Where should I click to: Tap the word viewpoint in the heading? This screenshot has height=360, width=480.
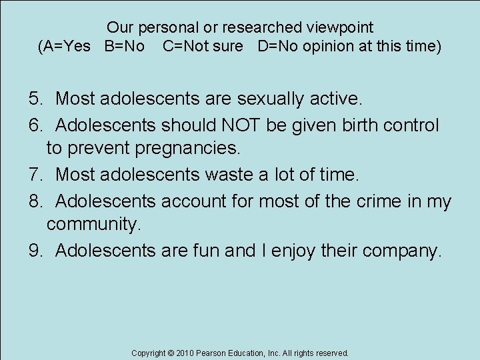[x=340, y=28]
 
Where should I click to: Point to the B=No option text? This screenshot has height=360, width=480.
[x=125, y=47]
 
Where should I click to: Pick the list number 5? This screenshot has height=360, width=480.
[x=35, y=99]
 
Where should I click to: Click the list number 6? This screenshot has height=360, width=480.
[x=35, y=125]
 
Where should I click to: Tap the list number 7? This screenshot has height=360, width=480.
[x=35, y=175]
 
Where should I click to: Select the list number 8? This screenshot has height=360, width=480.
[x=35, y=201]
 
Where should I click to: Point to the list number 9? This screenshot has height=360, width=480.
[x=35, y=251]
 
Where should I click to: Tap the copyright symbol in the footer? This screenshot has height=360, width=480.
[x=170, y=353]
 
